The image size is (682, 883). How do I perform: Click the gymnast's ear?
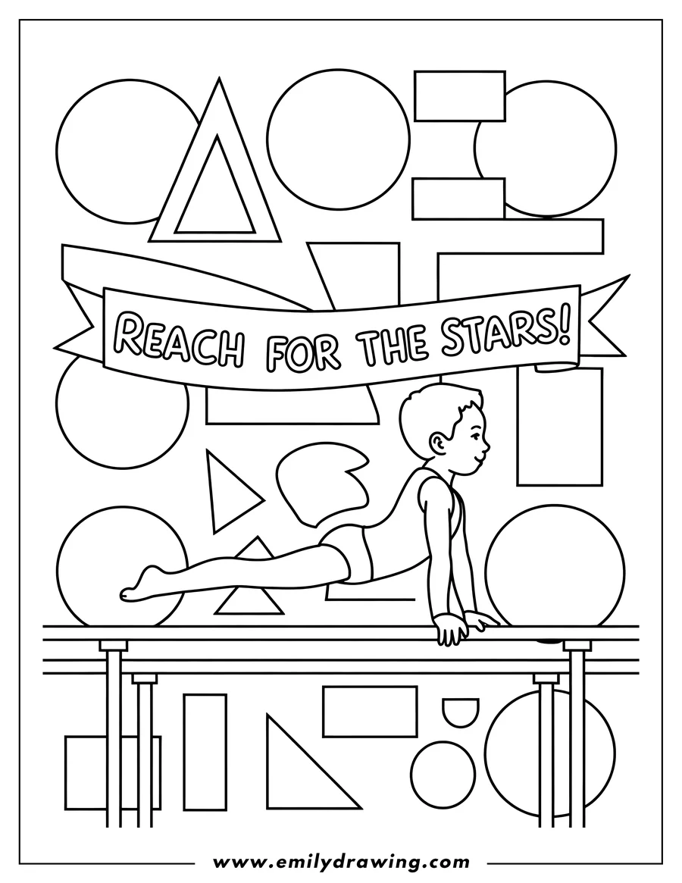click(x=439, y=442)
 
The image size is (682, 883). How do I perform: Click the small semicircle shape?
click(x=460, y=712)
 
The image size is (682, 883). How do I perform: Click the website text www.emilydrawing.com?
click(x=341, y=862)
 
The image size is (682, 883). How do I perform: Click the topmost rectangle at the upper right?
click(x=459, y=96)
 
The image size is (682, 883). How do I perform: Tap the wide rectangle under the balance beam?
click(x=370, y=711)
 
